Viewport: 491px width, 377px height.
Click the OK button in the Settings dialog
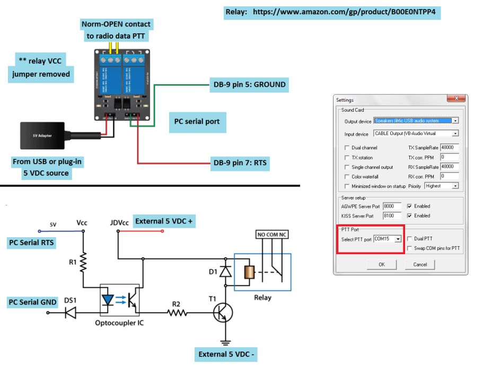381,264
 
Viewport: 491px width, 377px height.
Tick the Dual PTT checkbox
409,239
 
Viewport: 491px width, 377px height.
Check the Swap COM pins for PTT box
409,248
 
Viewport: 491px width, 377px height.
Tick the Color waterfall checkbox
347,176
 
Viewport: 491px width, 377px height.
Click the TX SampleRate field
449,148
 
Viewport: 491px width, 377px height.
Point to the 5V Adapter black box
42,136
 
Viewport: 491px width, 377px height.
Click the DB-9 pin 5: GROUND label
248,85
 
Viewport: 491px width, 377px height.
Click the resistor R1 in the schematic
83,262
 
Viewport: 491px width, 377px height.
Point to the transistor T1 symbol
223,313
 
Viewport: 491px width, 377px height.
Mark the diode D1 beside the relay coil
226,271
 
